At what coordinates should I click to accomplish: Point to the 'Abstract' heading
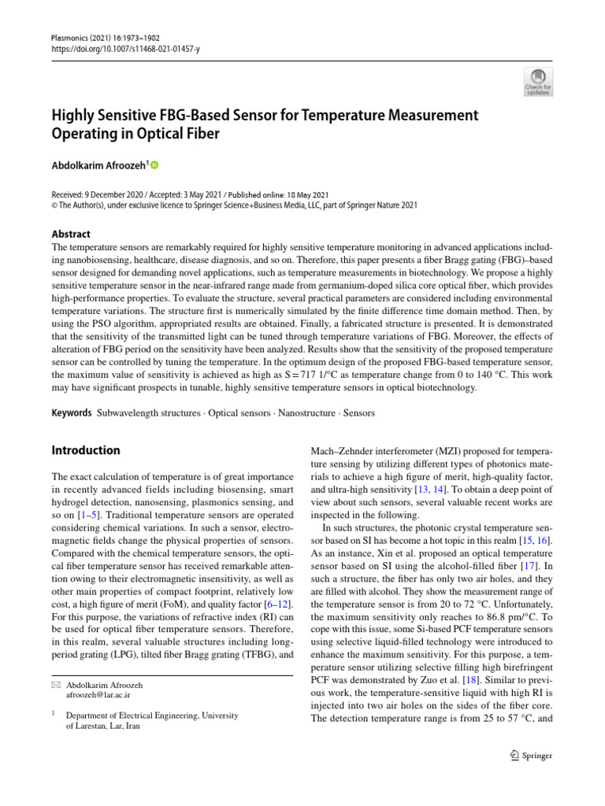point(71,234)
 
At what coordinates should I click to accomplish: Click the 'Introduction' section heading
point(86,450)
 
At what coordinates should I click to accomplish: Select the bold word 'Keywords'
point(71,412)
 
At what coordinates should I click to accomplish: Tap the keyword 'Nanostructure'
point(311,412)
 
